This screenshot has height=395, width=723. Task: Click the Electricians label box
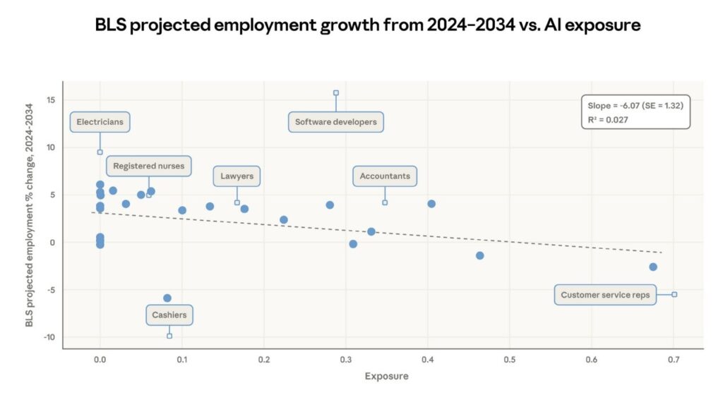click(x=100, y=122)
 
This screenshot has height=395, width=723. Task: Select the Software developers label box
click(x=336, y=122)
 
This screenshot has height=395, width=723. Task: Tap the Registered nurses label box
click(x=149, y=166)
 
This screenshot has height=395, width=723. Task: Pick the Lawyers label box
click(x=237, y=176)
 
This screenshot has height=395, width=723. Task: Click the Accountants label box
click(x=385, y=176)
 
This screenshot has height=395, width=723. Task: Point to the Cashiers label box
click(x=169, y=315)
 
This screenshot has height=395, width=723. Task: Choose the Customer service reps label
click(x=604, y=295)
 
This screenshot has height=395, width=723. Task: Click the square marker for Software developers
click(x=336, y=92)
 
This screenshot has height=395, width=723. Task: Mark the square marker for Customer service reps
click(x=674, y=294)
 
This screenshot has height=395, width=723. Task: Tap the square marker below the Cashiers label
click(x=169, y=336)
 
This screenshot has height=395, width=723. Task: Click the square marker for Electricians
click(x=100, y=152)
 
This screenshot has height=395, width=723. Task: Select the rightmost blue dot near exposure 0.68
click(x=653, y=267)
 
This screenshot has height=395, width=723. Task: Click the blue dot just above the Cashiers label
click(x=167, y=298)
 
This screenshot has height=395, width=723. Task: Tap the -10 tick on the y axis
click(x=49, y=337)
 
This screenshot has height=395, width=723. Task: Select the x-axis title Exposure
click(x=386, y=376)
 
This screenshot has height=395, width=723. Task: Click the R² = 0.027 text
click(x=608, y=120)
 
